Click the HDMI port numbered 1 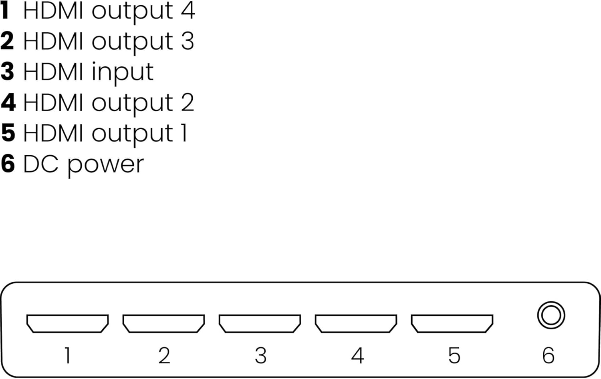coord(67,323)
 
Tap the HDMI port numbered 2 coord(163,323)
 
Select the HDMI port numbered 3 coord(260,323)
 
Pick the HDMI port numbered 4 coord(356,323)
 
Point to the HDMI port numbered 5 coord(452,323)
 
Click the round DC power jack coord(551,315)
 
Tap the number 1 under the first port coord(67,355)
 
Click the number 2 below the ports coord(164,355)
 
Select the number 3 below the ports coord(260,355)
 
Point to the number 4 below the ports coord(357,355)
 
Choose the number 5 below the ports coord(454,355)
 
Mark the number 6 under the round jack coord(548,355)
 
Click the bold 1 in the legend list coord(5,10)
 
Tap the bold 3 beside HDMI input coord(7,72)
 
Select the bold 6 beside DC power coord(8,164)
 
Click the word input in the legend coord(122,73)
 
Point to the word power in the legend coord(105,165)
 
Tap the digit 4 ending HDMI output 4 coord(187,10)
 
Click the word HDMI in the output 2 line coord(53,102)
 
